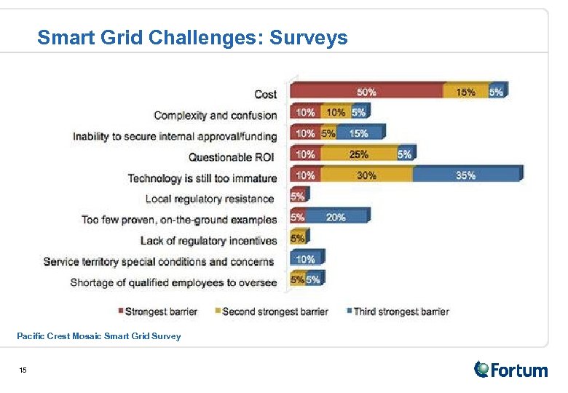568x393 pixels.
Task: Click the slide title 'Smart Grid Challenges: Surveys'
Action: (192, 37)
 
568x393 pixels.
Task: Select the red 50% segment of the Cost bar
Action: (366, 92)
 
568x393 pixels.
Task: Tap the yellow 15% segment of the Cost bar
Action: (465, 92)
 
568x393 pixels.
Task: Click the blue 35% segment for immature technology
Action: (466, 175)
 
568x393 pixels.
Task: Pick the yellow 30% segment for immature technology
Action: (366, 175)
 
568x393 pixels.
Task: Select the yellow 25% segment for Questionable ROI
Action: (358, 154)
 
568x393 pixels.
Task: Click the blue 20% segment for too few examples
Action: (336, 217)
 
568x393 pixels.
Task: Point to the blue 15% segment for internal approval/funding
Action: (359, 133)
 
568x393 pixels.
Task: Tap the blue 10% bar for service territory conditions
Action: (306, 259)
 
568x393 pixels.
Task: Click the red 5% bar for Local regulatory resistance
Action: (299, 196)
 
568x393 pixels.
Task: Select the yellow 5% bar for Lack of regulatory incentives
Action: (299, 238)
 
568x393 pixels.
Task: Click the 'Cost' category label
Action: (265, 94)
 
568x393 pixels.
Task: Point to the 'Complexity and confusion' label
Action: (216, 115)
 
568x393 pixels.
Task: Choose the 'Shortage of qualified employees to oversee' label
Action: (173, 282)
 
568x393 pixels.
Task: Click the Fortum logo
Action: (510, 370)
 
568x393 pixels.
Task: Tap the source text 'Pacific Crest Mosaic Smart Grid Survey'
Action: (98, 336)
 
